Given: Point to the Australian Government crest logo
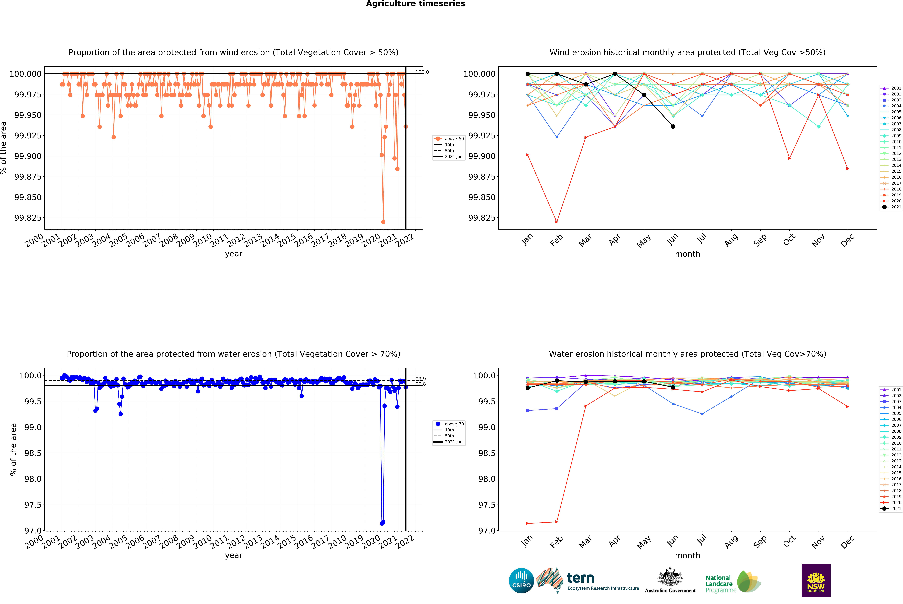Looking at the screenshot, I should (x=670, y=580).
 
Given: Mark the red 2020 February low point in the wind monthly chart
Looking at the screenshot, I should (x=557, y=222).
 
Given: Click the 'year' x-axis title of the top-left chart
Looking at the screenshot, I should (x=234, y=254).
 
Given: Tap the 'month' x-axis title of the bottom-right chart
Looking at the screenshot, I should (x=687, y=556).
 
